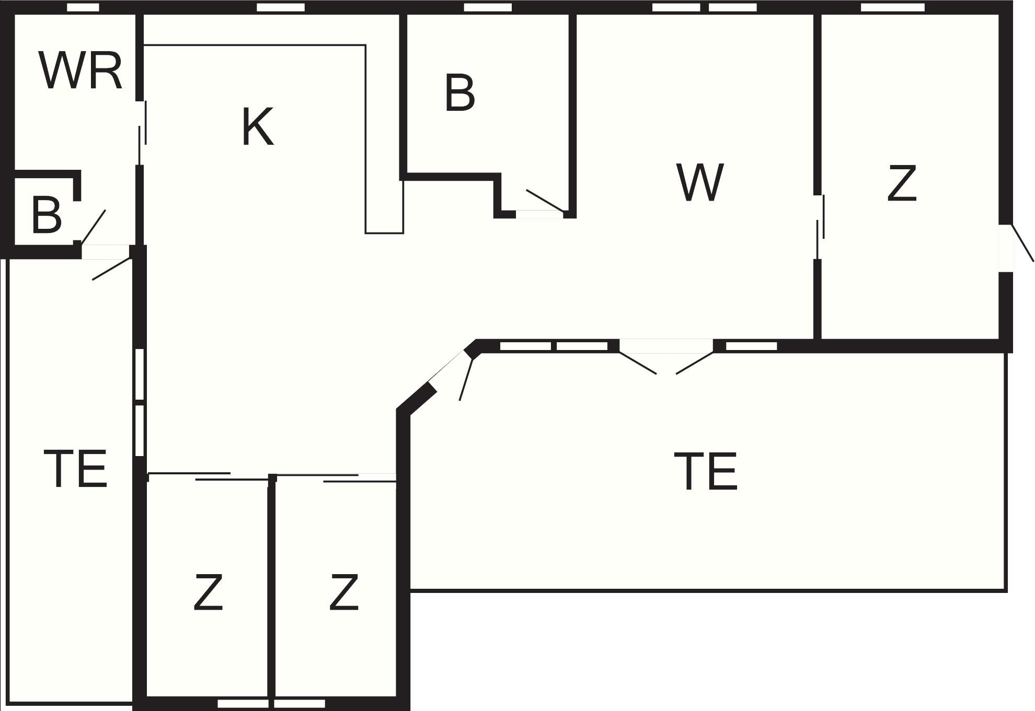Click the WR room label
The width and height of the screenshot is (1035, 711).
point(80,71)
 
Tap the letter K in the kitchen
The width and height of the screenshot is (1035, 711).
point(258,126)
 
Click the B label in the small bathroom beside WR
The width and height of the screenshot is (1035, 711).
point(47,214)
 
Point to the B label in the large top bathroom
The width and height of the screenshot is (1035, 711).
point(459,93)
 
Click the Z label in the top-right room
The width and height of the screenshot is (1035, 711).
point(902,183)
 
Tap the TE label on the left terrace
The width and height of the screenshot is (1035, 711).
point(76,469)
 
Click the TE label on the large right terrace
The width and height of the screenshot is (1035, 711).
point(706,472)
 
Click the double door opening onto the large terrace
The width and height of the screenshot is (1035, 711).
point(666,356)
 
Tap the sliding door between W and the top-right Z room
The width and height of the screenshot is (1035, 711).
point(820,227)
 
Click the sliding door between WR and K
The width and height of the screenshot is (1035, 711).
point(142,133)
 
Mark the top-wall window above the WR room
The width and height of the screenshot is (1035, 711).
point(83,7)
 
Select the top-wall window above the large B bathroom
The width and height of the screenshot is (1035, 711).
point(488,7)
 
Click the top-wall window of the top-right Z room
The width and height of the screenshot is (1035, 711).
point(892,7)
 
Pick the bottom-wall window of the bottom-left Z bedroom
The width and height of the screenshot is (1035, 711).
point(243,704)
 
